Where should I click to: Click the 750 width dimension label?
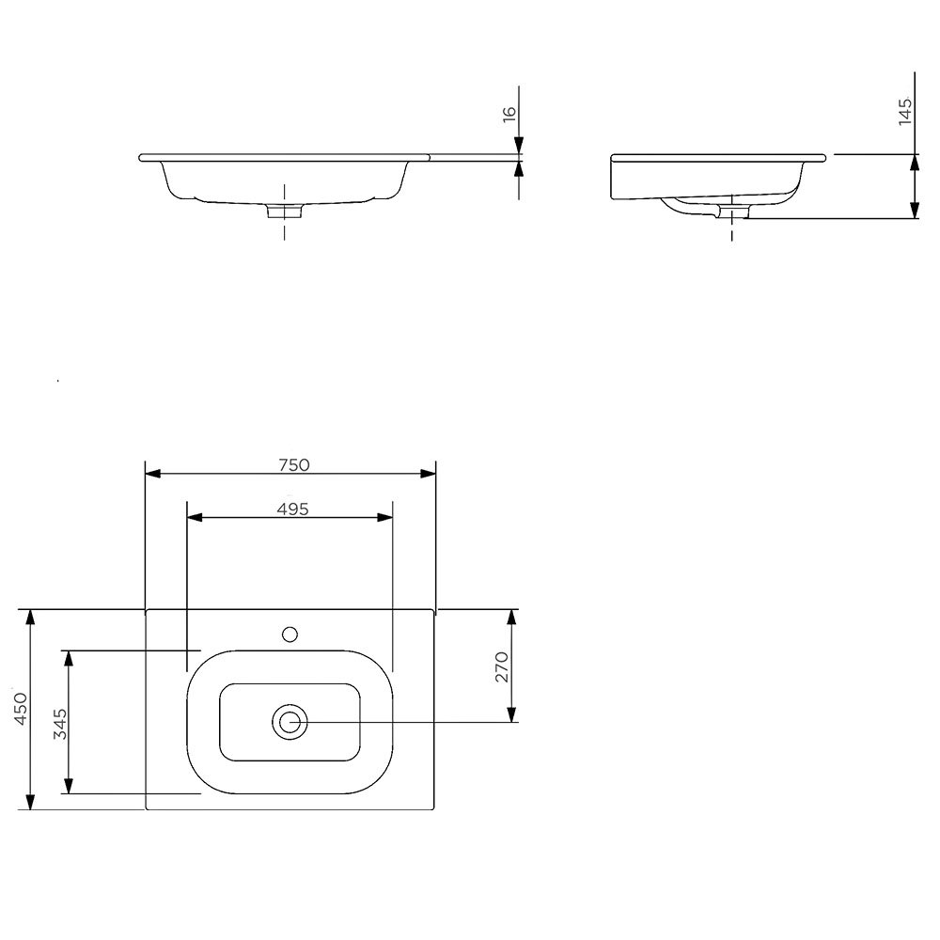[x=293, y=463]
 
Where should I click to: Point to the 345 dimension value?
[x=58, y=723]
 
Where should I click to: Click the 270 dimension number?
[x=502, y=666]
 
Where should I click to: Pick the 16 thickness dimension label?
[x=509, y=114]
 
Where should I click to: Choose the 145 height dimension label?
[x=905, y=111]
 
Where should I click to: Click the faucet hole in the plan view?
[x=290, y=634]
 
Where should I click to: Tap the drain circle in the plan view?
[x=290, y=722]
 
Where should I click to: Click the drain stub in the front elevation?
[x=284, y=211]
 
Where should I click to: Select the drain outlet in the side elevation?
[x=731, y=212]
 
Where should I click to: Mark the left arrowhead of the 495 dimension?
[x=195, y=517]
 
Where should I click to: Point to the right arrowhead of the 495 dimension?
[x=385, y=517]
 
